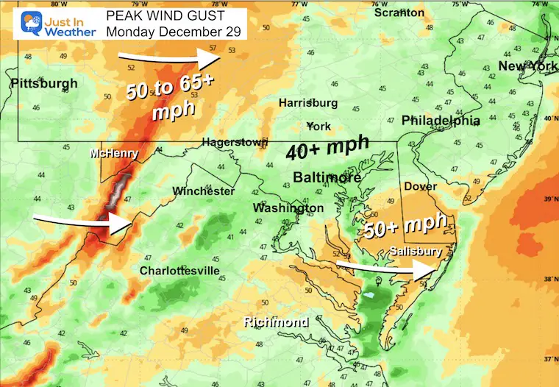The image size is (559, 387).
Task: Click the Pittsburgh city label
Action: pyautogui.click(x=43, y=84)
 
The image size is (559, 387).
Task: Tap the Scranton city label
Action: pyautogui.click(x=399, y=13)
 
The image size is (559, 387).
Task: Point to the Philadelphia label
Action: pyautogui.click(x=441, y=121)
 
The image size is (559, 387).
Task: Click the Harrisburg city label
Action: pyautogui.click(x=307, y=103)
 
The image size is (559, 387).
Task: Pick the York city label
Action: pyautogui.click(x=318, y=126)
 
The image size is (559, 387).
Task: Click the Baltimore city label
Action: pyautogui.click(x=327, y=178)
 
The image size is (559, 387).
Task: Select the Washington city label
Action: pyautogui.click(x=288, y=208)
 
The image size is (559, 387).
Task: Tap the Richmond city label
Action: pyautogui.click(x=277, y=322)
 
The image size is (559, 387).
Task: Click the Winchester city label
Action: pyautogui.click(x=203, y=191)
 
